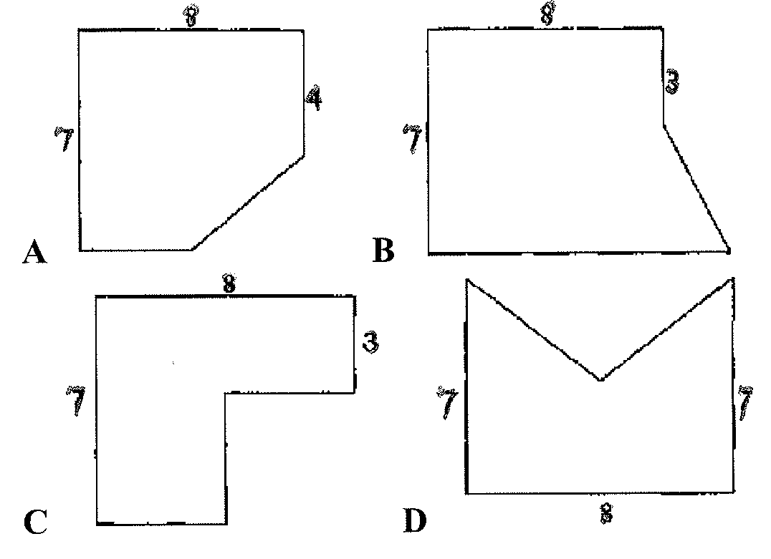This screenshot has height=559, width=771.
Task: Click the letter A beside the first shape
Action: point(34,253)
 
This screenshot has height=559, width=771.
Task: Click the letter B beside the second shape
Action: point(384,251)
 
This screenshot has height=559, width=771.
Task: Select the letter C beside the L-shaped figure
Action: point(35,522)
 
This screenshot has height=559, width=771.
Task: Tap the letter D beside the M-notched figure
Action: point(415,520)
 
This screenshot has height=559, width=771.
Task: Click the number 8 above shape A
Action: point(190,16)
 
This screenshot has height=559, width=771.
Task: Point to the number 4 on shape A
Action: point(312,97)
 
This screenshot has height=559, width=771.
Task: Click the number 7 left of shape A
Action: point(64,137)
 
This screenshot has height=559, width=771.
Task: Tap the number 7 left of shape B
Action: point(413,138)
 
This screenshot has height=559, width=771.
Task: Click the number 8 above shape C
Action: point(228,284)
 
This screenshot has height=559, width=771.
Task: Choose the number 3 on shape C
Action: point(370,342)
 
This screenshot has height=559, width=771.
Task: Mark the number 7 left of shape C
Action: point(76,401)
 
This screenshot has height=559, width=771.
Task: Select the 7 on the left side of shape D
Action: point(448,403)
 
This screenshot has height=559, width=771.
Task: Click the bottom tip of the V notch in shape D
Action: point(600,379)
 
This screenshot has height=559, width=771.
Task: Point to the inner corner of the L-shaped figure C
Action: point(226,393)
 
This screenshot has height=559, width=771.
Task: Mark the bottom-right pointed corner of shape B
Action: point(728,251)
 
